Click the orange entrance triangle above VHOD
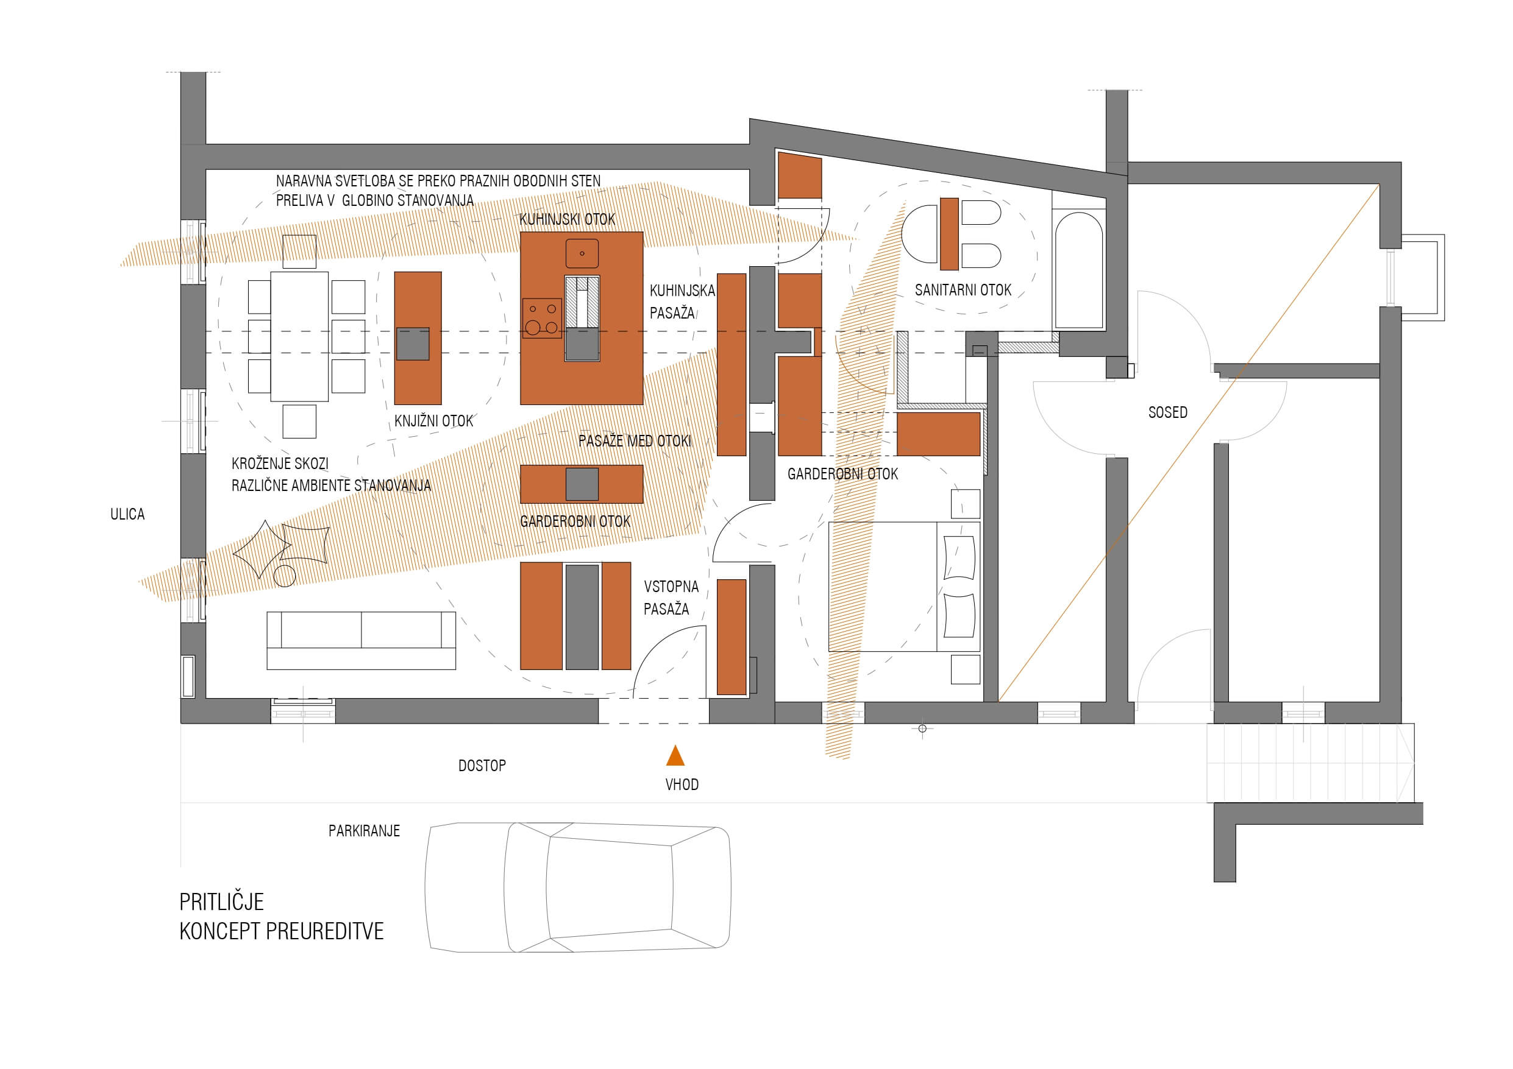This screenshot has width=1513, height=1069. tap(675, 755)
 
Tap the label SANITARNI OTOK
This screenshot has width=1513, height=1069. tap(963, 290)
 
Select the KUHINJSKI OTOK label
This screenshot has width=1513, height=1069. tap(568, 219)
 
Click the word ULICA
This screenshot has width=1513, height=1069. tap(127, 513)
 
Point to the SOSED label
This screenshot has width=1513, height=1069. tap(1168, 412)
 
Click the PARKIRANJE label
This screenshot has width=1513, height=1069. tap(365, 831)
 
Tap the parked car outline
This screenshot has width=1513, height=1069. tap(578, 887)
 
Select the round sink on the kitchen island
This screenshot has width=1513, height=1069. tap(582, 253)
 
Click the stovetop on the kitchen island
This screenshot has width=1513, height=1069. tap(543, 318)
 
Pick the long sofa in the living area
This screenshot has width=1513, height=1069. tap(361, 640)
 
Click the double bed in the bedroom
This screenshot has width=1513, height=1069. tap(904, 587)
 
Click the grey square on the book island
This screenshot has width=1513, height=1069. tap(413, 344)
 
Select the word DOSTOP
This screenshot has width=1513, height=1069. tap(482, 766)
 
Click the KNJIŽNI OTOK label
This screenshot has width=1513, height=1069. tap(433, 421)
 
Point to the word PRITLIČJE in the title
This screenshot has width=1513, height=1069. tap(221, 901)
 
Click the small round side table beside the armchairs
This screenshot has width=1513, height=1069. tap(285, 576)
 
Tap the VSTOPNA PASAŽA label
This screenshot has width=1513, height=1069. tap(671, 598)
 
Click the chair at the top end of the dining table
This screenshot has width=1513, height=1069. tap(299, 252)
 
